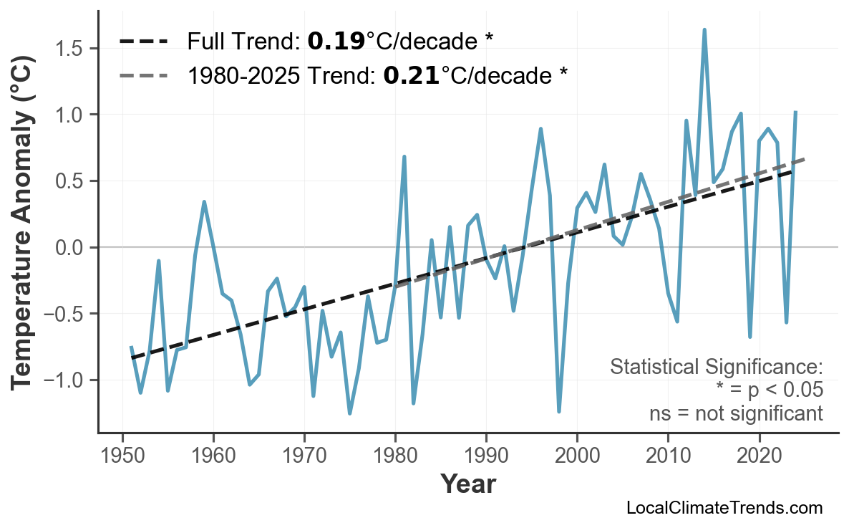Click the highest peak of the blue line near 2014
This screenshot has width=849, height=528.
(704, 30)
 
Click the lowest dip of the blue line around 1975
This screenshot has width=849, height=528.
(349, 413)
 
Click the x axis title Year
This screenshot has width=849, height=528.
(467, 484)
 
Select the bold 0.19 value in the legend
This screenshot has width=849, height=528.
(336, 42)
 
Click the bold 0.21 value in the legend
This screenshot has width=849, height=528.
(412, 75)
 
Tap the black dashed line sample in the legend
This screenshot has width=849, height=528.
(143, 42)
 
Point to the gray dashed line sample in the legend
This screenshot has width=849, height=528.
(143, 75)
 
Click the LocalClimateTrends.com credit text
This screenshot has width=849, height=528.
(724, 508)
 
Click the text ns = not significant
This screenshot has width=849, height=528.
(736, 413)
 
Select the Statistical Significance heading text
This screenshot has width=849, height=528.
(716, 368)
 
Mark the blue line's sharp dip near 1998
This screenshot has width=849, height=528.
(559, 411)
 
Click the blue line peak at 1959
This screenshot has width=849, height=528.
(204, 202)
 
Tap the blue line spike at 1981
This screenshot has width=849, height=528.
(404, 156)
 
